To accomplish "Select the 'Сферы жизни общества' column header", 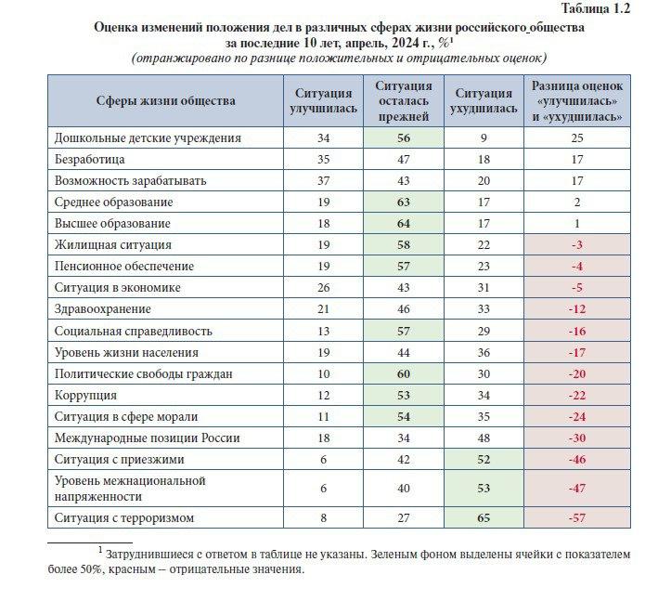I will point(165,100).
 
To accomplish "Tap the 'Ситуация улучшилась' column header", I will point(323,100).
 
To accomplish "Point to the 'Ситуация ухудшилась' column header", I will point(484,100).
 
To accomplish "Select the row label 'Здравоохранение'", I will point(102,308).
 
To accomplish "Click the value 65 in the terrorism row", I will point(484,517).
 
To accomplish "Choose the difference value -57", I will point(577,517).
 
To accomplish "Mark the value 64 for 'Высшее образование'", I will point(403,224).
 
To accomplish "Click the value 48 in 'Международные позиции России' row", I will point(484,438).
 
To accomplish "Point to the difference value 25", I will point(577,137).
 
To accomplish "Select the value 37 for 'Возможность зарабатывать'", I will point(323,180).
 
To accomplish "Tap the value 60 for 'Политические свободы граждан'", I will point(403,373).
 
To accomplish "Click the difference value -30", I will point(577,438).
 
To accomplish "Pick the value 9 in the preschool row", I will point(484,137).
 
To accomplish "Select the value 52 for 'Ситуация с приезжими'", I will point(484,459).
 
